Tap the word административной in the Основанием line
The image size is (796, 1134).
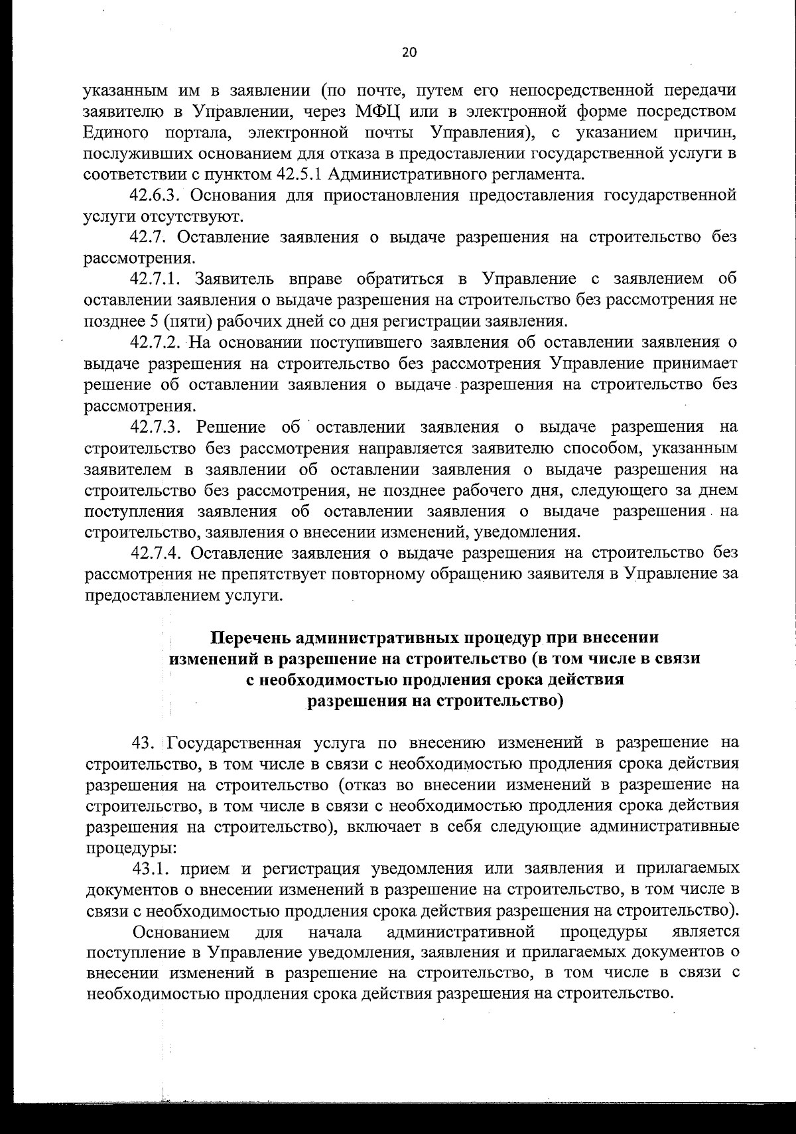(x=460, y=932)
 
